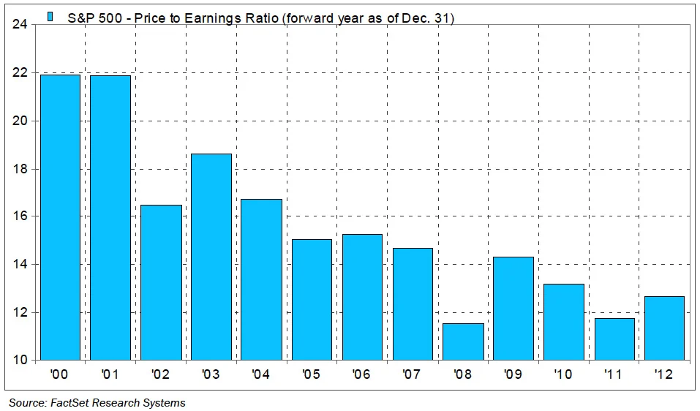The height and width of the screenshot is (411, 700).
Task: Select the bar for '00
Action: click(x=59, y=217)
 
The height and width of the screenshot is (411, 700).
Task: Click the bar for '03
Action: click(x=210, y=257)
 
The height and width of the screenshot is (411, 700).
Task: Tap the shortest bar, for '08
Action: click(x=463, y=342)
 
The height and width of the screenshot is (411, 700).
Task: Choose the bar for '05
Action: click(x=312, y=300)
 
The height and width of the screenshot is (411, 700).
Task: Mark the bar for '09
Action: click(x=513, y=308)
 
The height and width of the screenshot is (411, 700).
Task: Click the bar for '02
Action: click(x=160, y=282)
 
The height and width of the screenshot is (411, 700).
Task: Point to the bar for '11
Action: click(x=614, y=339)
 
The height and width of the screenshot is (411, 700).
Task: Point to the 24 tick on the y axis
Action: click(x=20, y=25)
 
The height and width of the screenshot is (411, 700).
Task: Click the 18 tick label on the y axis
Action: click(x=20, y=169)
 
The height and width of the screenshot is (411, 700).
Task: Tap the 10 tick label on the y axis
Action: click(x=20, y=361)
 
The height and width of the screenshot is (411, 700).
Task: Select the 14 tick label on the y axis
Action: click(x=20, y=265)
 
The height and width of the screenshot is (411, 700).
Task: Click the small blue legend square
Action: click(x=50, y=16)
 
